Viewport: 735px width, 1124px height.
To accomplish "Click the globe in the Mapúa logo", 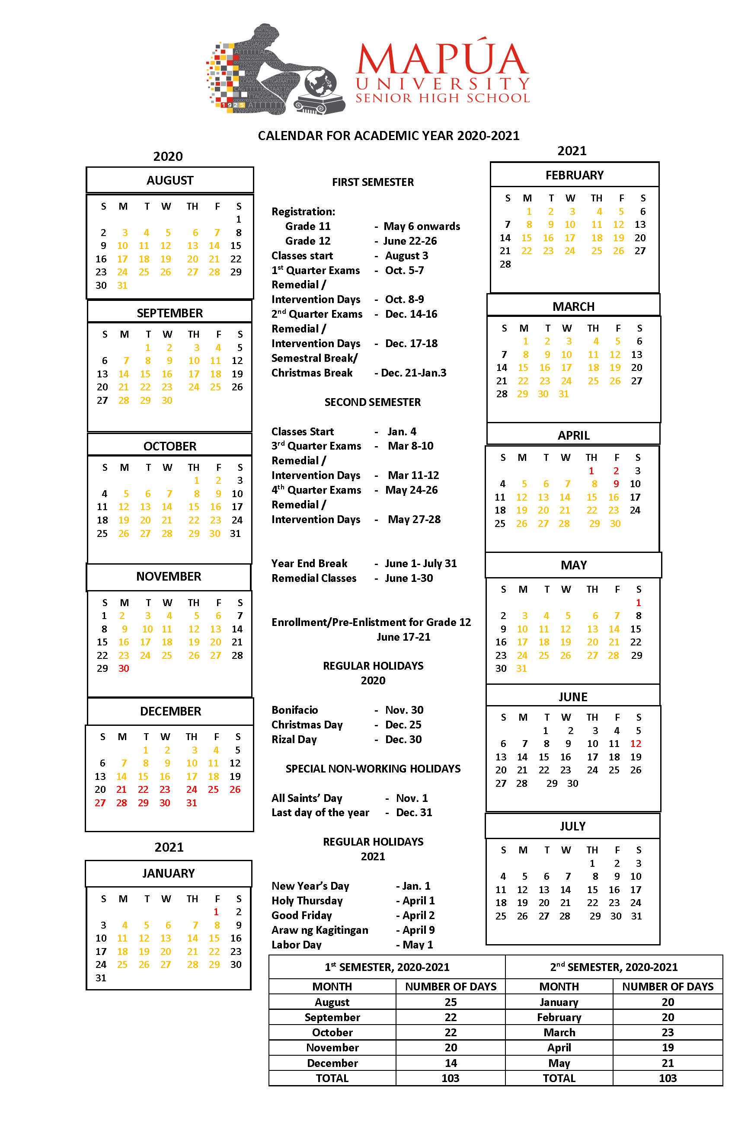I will pos(321,83).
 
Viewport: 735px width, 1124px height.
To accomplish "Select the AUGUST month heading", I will pos(169,180).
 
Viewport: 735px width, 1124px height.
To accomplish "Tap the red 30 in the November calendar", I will pos(124,668).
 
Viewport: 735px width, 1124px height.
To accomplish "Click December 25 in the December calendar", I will pos(214,789).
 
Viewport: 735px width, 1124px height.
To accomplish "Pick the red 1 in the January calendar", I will pos(216,911).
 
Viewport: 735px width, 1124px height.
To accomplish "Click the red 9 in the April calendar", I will pos(616,484).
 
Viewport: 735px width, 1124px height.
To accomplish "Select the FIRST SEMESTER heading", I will pos(372,182).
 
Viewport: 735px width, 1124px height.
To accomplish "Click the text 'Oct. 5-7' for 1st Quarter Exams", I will pos(404,270).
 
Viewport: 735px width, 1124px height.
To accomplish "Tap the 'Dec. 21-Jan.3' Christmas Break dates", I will pos(410,373).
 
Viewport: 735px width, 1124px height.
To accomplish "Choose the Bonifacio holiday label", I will pos(294,710).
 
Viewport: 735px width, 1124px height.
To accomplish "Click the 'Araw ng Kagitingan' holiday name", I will pos(320,930).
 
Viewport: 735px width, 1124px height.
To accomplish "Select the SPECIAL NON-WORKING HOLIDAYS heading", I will pos(372,768).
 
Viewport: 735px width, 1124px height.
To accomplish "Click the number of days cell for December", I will pos(450,1063).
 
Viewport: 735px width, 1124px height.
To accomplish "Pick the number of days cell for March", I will pos(667,1032).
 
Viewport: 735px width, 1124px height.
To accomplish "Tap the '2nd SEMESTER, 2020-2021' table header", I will pos(613,967).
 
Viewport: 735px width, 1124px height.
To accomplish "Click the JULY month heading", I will pos(572,826).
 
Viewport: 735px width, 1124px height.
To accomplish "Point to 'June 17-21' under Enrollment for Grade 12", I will pos(403,637).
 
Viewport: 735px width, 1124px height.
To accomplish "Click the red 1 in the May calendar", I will pos(638,603).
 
